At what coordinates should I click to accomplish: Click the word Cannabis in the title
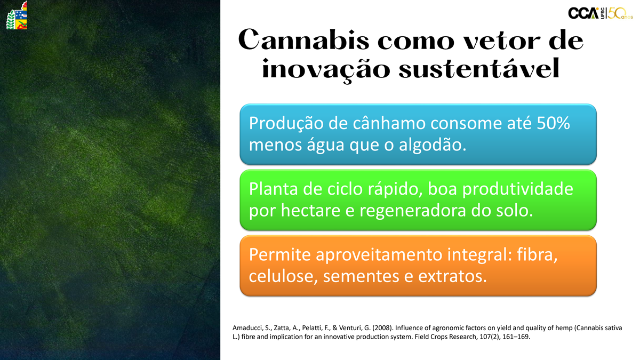pyautogui.click(x=303, y=40)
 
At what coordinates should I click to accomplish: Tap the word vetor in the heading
pyautogui.click(x=502, y=41)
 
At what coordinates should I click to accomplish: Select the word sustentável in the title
pyautogui.click(x=479, y=69)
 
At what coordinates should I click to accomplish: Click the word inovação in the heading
pyautogui.click(x=326, y=70)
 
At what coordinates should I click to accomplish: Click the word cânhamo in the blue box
pyautogui.click(x=389, y=123)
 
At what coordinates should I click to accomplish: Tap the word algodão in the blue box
pyautogui.click(x=433, y=145)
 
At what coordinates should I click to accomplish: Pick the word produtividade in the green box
pyautogui.click(x=518, y=189)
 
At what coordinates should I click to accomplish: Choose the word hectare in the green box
pyautogui.click(x=310, y=211)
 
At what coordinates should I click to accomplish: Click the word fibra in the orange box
pyautogui.click(x=537, y=255)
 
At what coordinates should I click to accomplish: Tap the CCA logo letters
pyautogui.click(x=583, y=13)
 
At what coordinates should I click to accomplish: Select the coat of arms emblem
pyautogui.click(x=17, y=15)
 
